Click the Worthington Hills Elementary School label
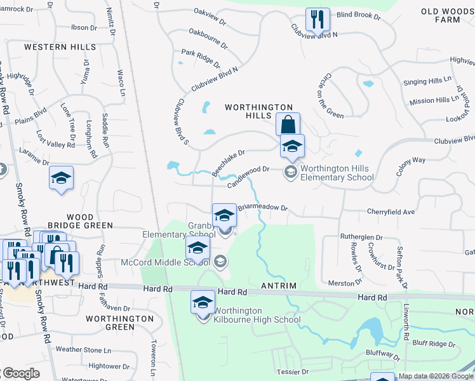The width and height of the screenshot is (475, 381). (337, 173)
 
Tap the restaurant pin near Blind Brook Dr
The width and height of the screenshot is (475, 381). (316, 20)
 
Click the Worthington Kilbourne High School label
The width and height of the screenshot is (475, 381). (257, 315)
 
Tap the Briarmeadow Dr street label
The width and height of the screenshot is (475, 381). (263, 207)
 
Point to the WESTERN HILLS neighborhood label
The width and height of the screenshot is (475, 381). (60, 47)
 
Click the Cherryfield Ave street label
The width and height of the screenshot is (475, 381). (391, 211)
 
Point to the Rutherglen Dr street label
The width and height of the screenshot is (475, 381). (361, 237)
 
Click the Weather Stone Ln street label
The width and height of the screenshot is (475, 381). (83, 349)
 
